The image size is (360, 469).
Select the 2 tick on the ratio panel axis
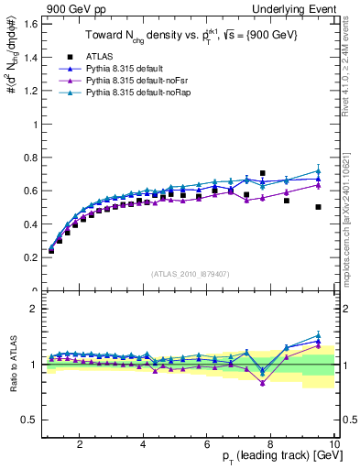(x=35, y=309)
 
